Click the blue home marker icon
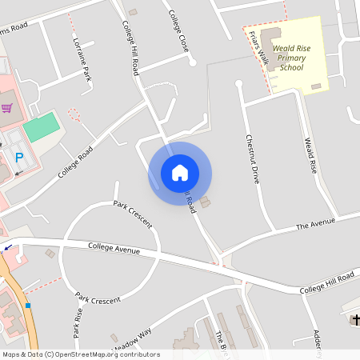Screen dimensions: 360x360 [x=180, y=173]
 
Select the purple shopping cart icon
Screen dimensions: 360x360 [x=7, y=108]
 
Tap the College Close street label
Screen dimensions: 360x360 [x=178, y=30]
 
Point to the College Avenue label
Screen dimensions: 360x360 [x=114, y=249]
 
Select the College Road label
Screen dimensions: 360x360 [x=75, y=162]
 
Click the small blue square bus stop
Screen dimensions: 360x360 [x=28, y=306]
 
